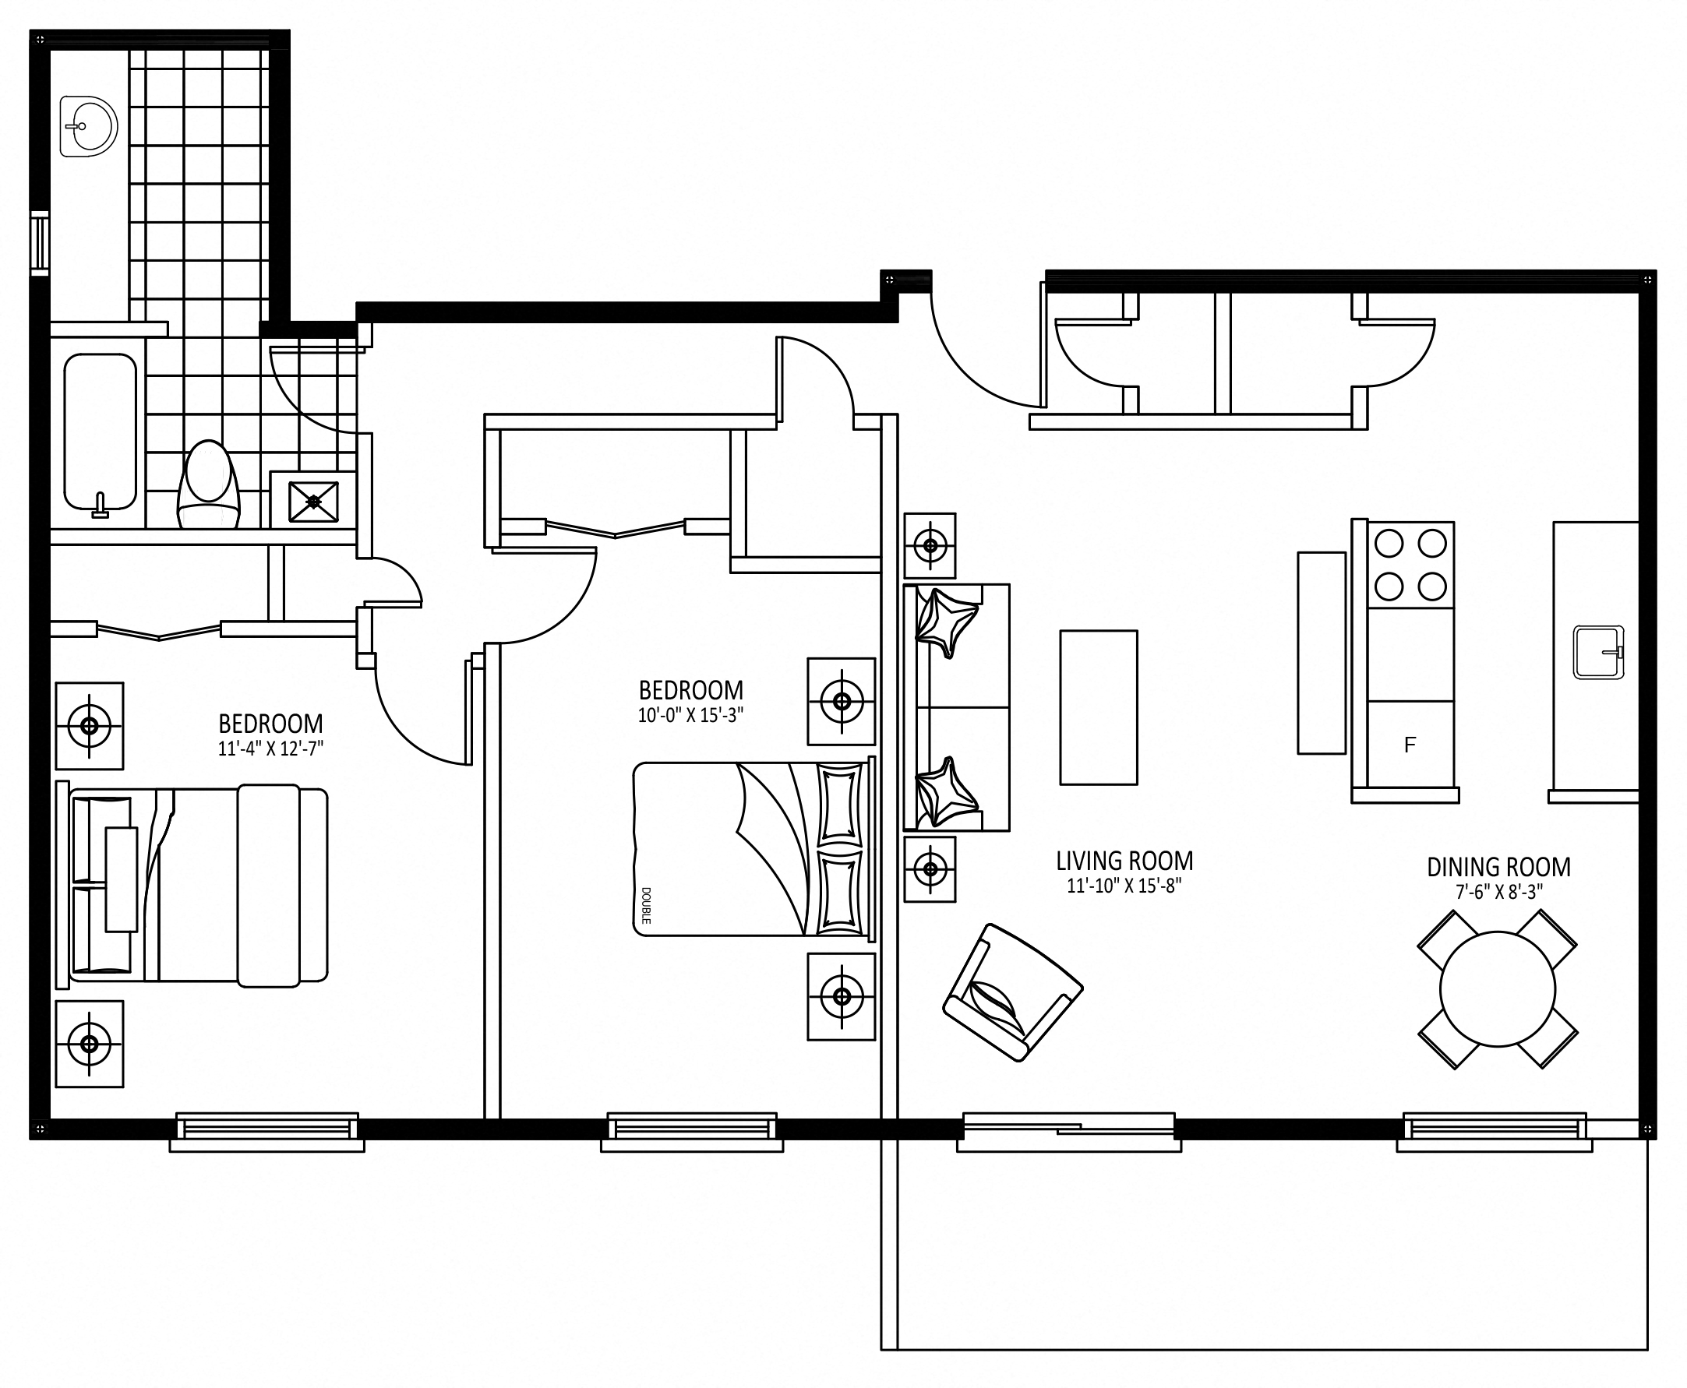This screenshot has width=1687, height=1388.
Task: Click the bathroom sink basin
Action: tap(89, 126)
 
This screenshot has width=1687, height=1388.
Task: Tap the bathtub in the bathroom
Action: tap(100, 432)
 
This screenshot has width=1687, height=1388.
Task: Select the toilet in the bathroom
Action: tap(209, 484)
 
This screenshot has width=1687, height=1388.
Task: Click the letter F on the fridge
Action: tap(1410, 745)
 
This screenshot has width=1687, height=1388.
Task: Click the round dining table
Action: tap(1498, 989)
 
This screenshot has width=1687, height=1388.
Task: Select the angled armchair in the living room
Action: tap(1012, 992)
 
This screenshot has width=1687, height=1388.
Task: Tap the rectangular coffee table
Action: tap(1098, 707)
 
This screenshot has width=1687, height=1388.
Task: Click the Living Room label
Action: tap(1124, 861)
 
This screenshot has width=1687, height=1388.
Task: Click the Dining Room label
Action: tap(1498, 868)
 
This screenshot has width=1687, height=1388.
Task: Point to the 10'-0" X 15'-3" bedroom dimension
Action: tap(690, 716)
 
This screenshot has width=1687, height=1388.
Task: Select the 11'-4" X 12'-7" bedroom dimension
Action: tap(270, 749)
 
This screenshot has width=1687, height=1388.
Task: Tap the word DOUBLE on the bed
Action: tap(645, 905)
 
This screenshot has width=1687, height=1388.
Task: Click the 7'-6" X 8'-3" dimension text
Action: tap(1498, 893)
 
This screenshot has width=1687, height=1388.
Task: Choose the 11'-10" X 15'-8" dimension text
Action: tap(1124, 886)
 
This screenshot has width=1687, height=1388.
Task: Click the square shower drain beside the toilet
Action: tap(312, 501)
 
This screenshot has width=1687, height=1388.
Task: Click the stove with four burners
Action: tap(1410, 565)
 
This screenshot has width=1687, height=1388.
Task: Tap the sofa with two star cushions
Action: tap(957, 707)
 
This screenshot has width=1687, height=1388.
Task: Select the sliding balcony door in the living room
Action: tap(1068, 1129)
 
